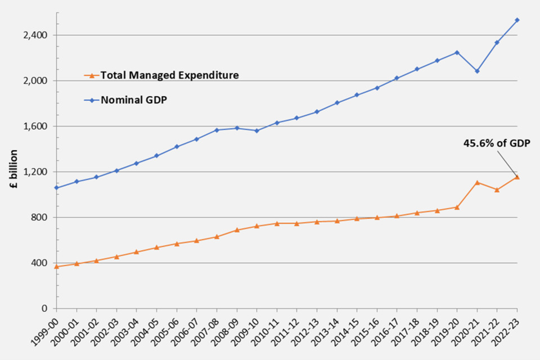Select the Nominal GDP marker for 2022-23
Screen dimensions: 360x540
click(517, 20)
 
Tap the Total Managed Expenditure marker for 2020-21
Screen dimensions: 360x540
click(477, 182)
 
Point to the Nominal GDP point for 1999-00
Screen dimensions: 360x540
click(56, 187)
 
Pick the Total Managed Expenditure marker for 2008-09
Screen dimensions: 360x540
click(237, 229)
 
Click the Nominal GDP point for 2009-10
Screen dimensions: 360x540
click(256, 130)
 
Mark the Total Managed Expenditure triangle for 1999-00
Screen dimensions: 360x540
click(56, 266)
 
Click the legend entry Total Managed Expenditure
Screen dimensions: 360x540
click(169, 75)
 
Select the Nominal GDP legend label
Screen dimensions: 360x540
click(135, 100)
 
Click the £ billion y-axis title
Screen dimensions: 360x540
click(15, 172)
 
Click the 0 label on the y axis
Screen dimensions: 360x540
click(45, 308)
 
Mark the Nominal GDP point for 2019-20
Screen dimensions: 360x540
click(457, 52)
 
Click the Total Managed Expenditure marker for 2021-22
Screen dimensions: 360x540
click(497, 190)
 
